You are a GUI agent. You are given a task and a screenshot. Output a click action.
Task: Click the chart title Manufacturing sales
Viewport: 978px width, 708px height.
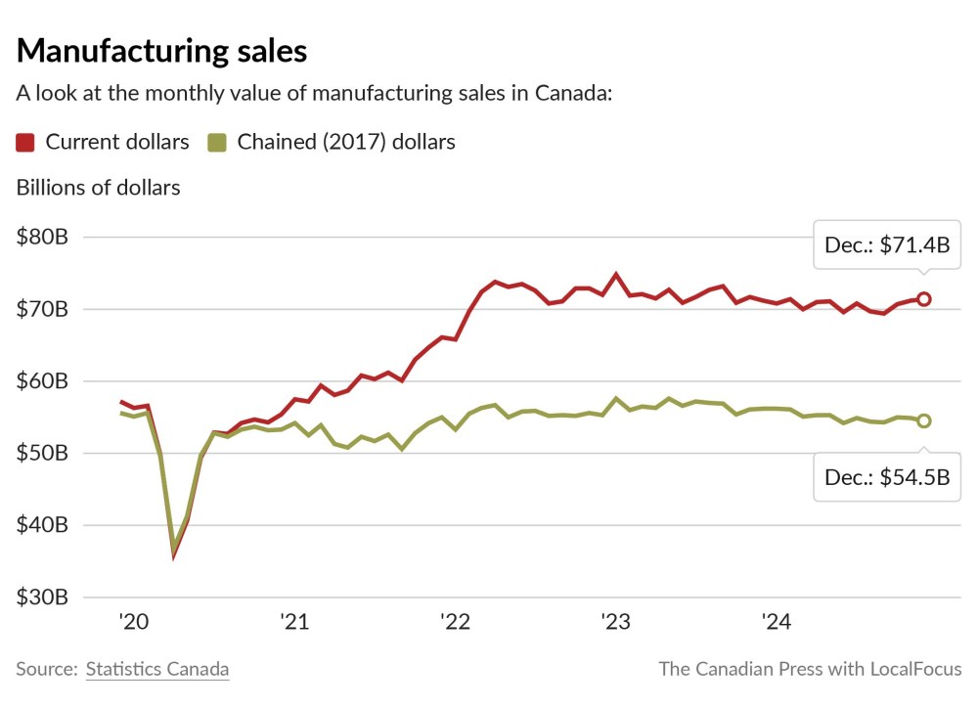pos(161,51)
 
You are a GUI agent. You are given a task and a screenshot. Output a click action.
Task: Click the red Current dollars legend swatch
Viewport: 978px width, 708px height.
pos(26,143)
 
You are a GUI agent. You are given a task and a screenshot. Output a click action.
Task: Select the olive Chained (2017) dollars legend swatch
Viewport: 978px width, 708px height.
pos(217,143)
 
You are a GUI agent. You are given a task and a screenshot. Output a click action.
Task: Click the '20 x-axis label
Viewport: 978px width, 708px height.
pos(132,622)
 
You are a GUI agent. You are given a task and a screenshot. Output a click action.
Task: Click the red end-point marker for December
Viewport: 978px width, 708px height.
pos(923,298)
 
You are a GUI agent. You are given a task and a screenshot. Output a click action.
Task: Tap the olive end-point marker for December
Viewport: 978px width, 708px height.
pos(923,420)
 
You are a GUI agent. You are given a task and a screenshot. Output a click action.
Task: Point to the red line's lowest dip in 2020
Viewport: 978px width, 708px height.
pos(174,556)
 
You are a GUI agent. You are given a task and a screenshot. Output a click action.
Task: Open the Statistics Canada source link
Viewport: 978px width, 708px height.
pos(157,670)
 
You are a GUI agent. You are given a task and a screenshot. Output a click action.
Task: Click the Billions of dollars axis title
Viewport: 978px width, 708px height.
pos(98,188)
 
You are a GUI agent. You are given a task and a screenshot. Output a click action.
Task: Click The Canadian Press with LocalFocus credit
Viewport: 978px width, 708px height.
pos(810,670)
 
